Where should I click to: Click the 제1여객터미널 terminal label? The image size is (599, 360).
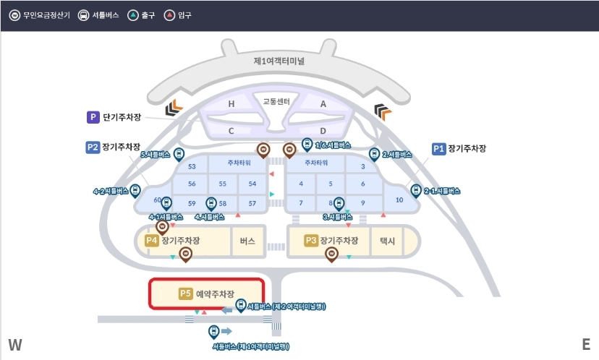(279, 61)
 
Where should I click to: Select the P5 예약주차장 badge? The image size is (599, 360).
(185, 293)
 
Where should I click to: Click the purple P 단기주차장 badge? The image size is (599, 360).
(93, 117)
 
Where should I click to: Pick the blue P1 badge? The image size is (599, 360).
(438, 148)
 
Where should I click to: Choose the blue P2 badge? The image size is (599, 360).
(92, 147)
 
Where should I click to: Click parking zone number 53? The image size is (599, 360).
(192, 166)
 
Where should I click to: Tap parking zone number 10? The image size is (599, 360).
(399, 200)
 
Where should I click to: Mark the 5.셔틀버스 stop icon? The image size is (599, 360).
(179, 155)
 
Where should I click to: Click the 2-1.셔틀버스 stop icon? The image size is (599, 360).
(416, 191)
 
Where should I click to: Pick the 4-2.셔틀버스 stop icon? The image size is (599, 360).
(135, 191)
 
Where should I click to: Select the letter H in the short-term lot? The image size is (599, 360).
(231, 104)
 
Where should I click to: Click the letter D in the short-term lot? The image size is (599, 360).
(323, 131)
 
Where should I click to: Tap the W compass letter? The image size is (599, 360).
(15, 345)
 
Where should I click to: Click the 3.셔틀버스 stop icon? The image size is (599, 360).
(338, 204)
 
